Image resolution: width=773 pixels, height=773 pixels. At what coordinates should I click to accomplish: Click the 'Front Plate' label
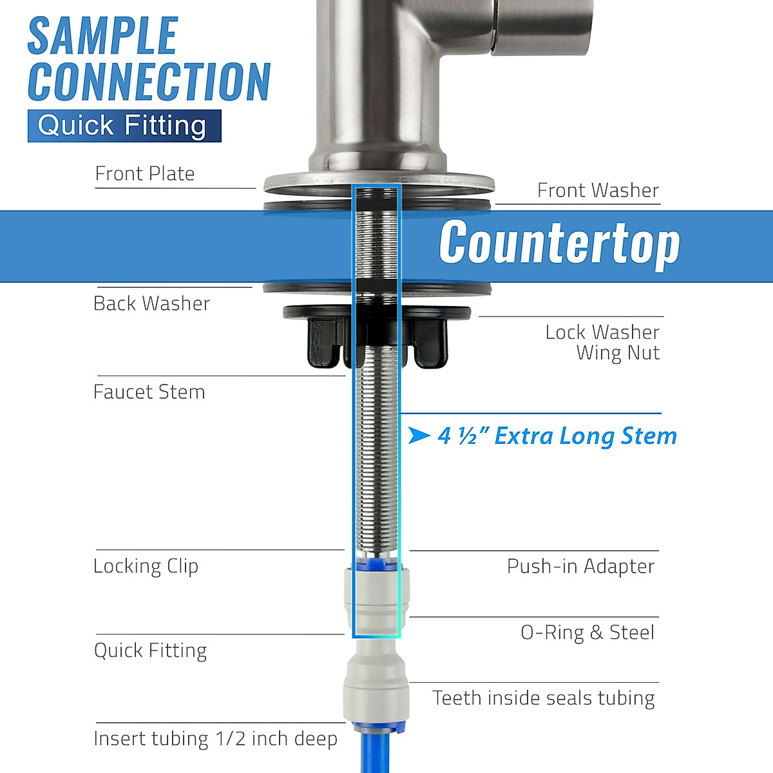[145, 174]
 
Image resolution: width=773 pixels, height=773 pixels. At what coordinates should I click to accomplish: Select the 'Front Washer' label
[598, 191]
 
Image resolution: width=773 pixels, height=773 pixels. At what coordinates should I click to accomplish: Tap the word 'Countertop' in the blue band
[559, 243]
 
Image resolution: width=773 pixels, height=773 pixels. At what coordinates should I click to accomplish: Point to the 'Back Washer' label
[152, 303]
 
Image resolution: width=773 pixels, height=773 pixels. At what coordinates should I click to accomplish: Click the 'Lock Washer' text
[602, 332]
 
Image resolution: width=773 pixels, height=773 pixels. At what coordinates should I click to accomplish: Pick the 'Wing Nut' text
[618, 353]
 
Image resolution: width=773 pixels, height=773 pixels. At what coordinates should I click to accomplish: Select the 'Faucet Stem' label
[149, 392]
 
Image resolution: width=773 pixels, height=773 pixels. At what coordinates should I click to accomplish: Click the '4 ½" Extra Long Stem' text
[557, 436]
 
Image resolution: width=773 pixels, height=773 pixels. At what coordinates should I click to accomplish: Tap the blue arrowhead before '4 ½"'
[419, 436]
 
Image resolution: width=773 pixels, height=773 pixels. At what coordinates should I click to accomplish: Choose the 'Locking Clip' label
[146, 566]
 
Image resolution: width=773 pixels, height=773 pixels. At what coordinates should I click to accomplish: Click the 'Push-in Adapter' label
[580, 566]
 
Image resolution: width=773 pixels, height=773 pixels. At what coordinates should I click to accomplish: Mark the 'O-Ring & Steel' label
[587, 633]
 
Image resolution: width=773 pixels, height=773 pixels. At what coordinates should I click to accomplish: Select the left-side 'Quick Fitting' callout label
[151, 651]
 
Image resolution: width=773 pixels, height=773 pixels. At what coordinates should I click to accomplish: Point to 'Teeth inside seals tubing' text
[544, 698]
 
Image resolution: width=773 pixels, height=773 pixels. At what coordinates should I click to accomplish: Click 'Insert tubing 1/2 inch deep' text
[215, 739]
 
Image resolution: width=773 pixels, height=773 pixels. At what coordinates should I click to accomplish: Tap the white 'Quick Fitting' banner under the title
[122, 126]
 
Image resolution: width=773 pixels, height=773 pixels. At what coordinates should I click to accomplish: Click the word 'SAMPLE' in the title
[103, 36]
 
